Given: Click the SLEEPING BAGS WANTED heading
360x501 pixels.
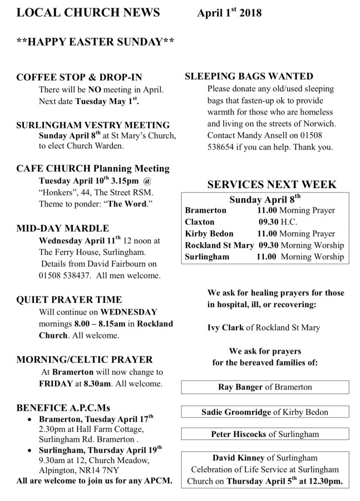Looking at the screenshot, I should tap(249, 77).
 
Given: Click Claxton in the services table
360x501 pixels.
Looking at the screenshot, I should tap(200, 222).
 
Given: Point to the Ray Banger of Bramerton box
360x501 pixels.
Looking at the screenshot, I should tap(265, 387).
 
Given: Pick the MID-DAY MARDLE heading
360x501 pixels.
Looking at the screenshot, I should tap(63, 228).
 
